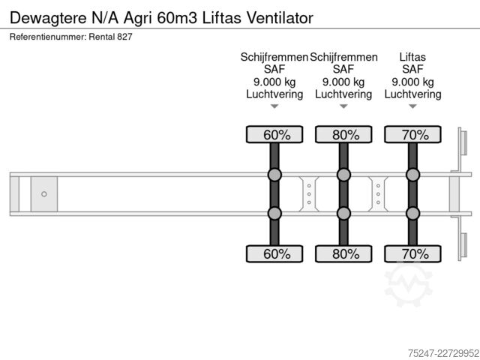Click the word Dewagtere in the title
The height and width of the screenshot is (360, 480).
pyautogui.click(x=48, y=18)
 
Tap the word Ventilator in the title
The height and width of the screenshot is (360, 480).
pyautogui.click(x=280, y=18)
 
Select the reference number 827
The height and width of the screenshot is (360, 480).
pyautogui.click(x=125, y=37)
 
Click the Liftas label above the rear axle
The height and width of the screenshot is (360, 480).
pyautogui.click(x=412, y=57)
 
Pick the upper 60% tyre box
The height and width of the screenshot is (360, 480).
pyautogui.click(x=274, y=134)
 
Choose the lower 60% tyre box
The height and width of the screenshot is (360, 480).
pyautogui.click(x=274, y=253)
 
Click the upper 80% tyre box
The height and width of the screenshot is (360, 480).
pyautogui.click(x=343, y=134)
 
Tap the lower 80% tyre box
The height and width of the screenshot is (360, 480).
pyautogui.click(x=343, y=253)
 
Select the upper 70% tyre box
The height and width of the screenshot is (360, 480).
pyautogui.click(x=412, y=134)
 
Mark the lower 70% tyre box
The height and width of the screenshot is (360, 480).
pyautogui.click(x=412, y=253)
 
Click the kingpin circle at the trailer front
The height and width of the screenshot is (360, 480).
pyautogui.click(x=44, y=194)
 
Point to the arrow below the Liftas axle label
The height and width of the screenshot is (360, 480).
pyautogui.click(x=412, y=106)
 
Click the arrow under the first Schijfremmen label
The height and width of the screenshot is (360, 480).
pyautogui.click(x=274, y=106)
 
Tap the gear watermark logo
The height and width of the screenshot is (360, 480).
pyautogui.click(x=408, y=285)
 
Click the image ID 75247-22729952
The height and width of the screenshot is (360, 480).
pyautogui.click(x=443, y=353)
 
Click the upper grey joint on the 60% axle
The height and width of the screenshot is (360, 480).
pyautogui.click(x=274, y=175)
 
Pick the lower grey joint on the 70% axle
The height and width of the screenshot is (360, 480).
pyautogui.click(x=412, y=213)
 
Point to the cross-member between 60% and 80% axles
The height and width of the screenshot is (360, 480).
pyautogui.click(x=309, y=194)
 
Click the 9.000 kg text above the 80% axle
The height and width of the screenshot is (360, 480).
pyautogui.click(x=343, y=82)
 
